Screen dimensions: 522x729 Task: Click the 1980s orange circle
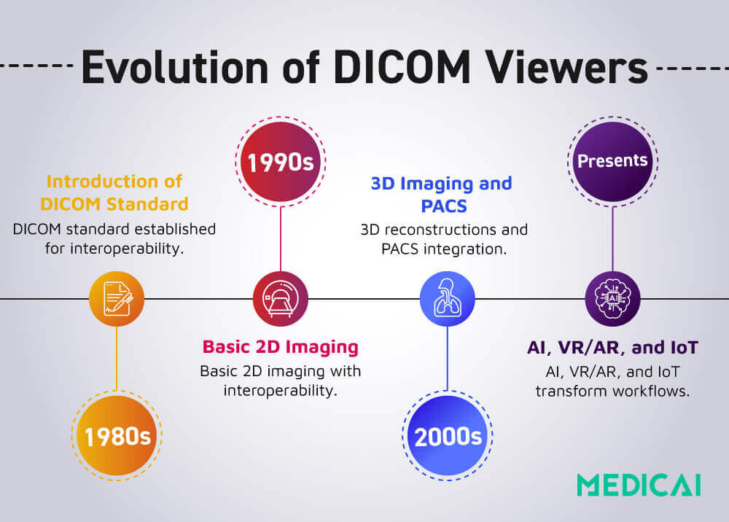[x=117, y=436]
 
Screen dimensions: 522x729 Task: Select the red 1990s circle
[x=281, y=162]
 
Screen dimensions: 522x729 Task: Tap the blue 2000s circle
[x=448, y=436]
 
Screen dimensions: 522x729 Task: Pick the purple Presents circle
[x=612, y=160]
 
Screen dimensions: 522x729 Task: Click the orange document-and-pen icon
[x=117, y=299]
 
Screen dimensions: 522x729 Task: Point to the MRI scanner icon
[x=281, y=299]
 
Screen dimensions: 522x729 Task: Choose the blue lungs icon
[x=448, y=299]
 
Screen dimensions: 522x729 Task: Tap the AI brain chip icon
[x=612, y=299]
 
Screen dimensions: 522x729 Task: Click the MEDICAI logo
[x=639, y=485]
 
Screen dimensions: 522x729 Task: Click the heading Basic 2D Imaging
[x=281, y=346]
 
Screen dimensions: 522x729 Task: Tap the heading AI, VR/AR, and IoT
[x=612, y=346]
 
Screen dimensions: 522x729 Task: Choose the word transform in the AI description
[x=572, y=391]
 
